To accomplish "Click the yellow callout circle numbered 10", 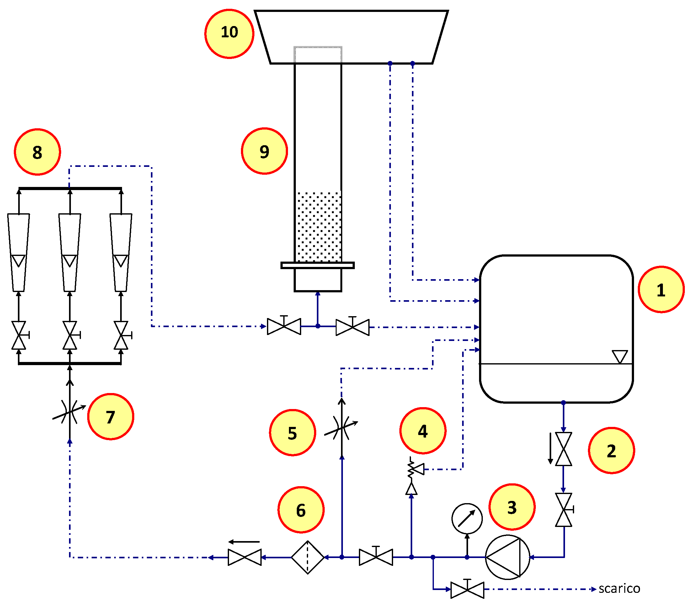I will pyautogui.click(x=229, y=34).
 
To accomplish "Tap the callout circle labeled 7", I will pyautogui.click(x=111, y=417).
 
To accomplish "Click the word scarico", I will pyautogui.click(x=619, y=589).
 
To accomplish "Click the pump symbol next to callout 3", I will pyautogui.click(x=507, y=557).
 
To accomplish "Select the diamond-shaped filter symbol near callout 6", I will pyautogui.click(x=307, y=557).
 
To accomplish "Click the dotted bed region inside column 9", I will pyautogui.click(x=318, y=226).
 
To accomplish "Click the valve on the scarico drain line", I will pyautogui.click(x=467, y=589).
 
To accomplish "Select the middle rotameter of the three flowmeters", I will pyautogui.click(x=70, y=252).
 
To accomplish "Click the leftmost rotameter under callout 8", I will pyautogui.click(x=19, y=252).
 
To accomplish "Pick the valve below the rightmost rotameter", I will pyautogui.click(x=121, y=335).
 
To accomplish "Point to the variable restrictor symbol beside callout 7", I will pyautogui.click(x=70, y=412).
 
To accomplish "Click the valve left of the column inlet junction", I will pyautogui.click(x=284, y=326).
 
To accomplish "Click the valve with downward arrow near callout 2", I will pyautogui.click(x=563, y=449).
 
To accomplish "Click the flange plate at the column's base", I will pyautogui.click(x=317, y=265).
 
